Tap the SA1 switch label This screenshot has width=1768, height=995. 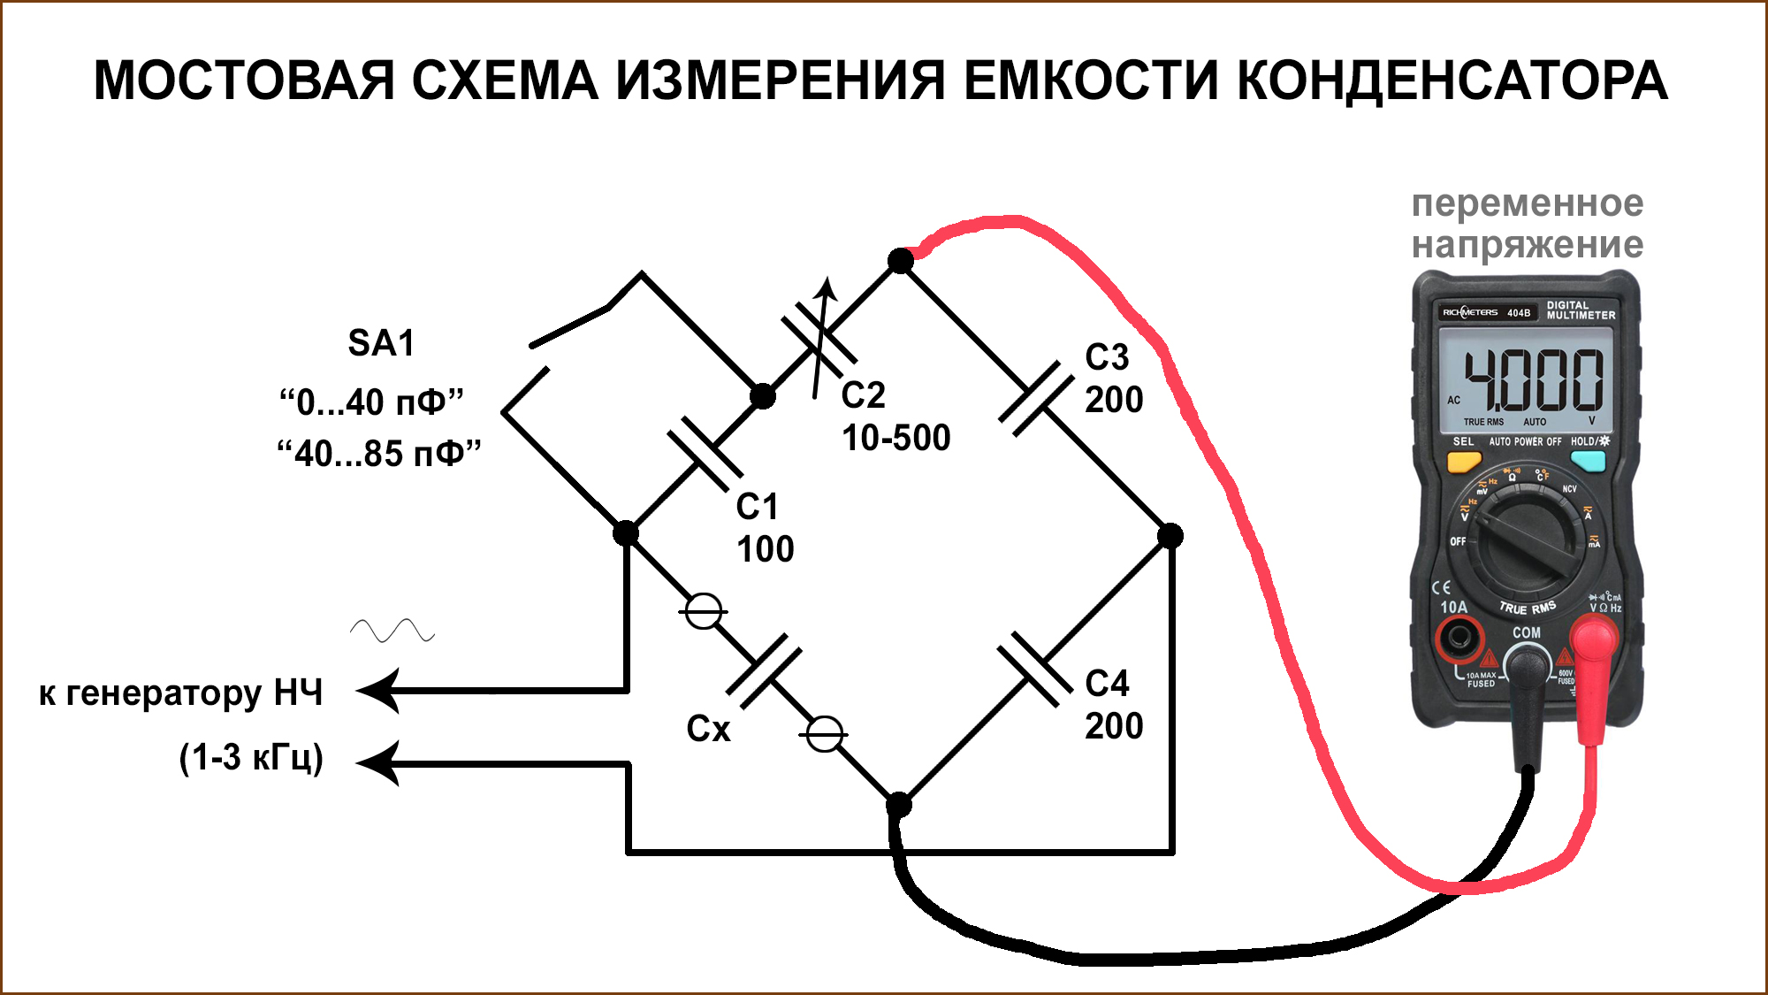pyautogui.click(x=381, y=343)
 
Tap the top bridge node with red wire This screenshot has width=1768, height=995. pyautogui.click(x=901, y=261)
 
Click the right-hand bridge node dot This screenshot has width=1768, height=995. pyautogui.click(x=1170, y=535)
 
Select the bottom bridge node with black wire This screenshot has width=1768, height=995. pyautogui.click(x=899, y=805)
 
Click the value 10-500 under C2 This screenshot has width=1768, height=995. pyautogui.click(x=895, y=438)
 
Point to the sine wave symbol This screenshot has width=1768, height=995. pyautogui.click(x=392, y=631)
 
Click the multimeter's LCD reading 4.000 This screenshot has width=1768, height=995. pyautogui.click(x=1533, y=380)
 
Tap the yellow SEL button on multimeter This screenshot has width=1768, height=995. pyautogui.click(x=1464, y=462)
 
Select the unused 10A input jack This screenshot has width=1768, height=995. pyautogui.click(x=1459, y=639)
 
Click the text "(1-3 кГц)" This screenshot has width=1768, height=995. pyautogui.click(x=251, y=758)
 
